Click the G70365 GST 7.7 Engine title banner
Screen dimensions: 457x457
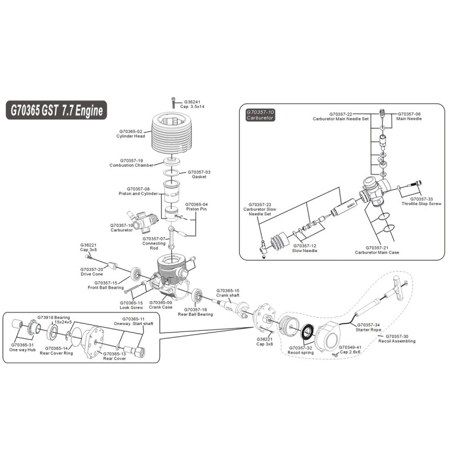pos(57,110)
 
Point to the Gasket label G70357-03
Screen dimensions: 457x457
pos(199,174)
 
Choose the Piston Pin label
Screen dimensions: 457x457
pos(197,207)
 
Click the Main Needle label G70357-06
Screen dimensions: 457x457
pos(409,116)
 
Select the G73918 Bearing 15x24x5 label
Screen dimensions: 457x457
pos(54,319)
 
